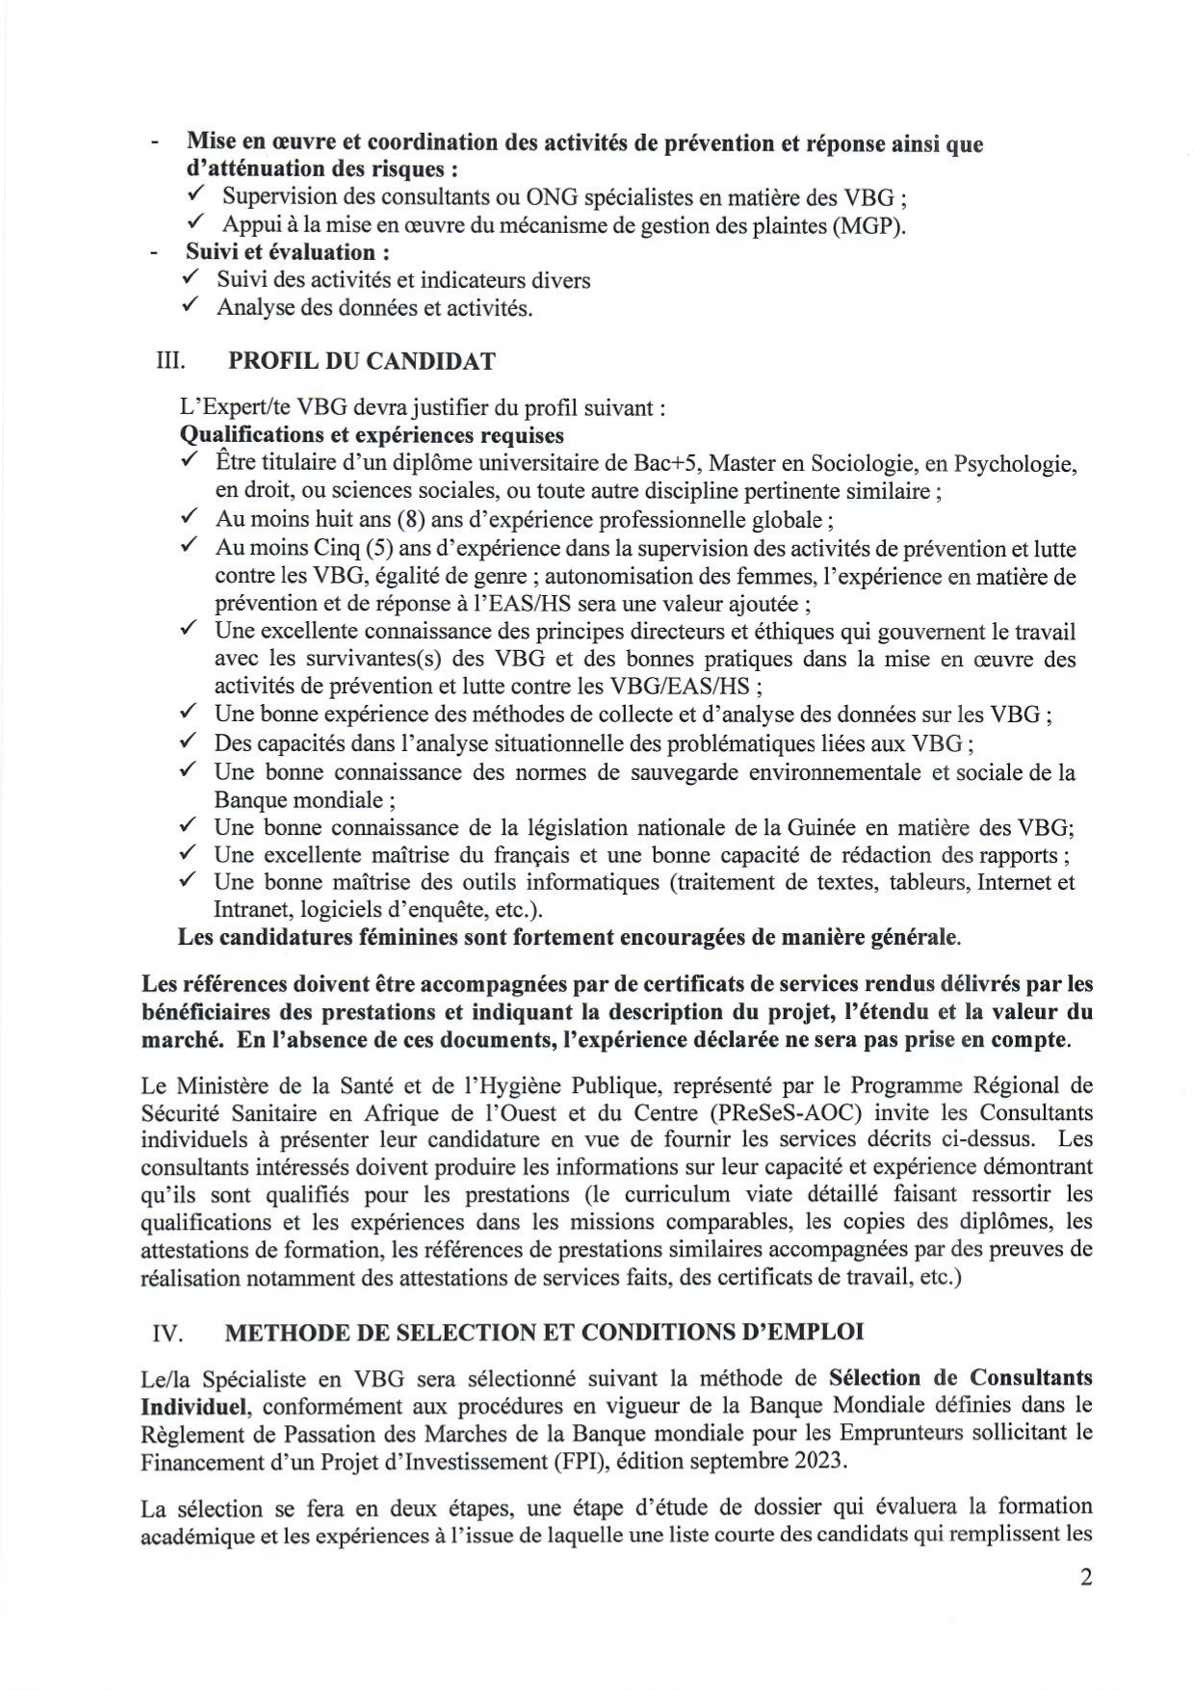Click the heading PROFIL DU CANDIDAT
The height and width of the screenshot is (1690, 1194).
click(x=361, y=361)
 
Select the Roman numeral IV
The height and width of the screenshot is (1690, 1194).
click(x=169, y=1332)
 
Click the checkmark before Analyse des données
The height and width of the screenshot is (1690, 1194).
click(x=190, y=307)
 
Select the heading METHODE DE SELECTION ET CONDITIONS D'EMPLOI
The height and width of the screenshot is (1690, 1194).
click(x=544, y=1332)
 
